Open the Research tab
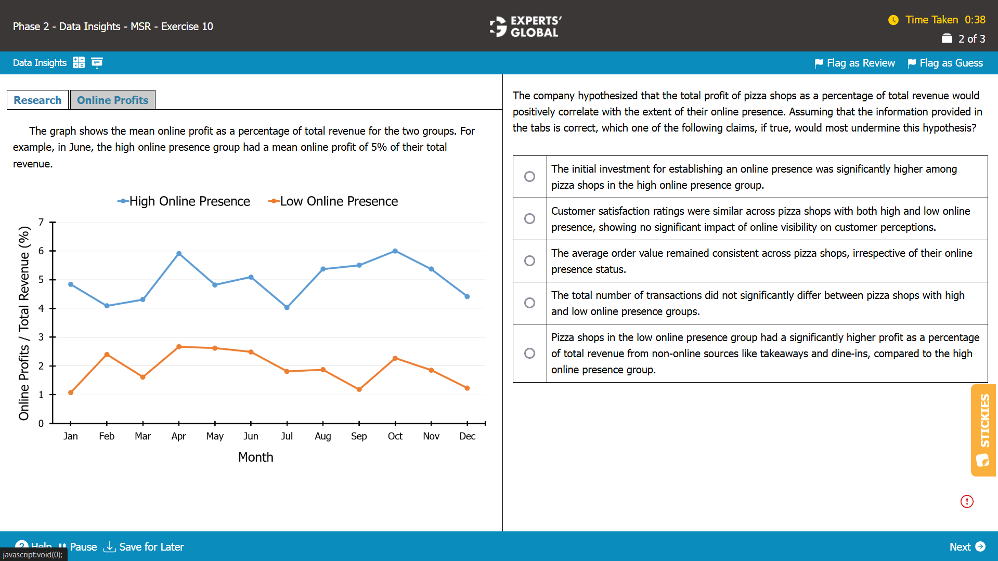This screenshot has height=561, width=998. point(37,100)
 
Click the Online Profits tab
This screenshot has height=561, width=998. point(112,100)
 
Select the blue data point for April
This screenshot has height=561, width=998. point(179,254)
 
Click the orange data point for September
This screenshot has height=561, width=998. point(359,389)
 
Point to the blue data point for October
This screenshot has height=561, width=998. point(395,251)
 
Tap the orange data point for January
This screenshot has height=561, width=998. point(71,393)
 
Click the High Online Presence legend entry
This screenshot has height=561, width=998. point(184,201)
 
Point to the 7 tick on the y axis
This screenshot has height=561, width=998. point(41,223)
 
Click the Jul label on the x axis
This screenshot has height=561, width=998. point(287,436)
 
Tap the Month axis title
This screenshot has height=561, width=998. point(255,457)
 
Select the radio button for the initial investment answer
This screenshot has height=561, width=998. point(529,177)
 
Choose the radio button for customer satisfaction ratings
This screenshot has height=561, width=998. point(529,219)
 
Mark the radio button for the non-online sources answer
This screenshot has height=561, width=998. point(529,354)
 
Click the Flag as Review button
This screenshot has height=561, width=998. point(854,63)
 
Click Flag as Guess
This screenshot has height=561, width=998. point(945,63)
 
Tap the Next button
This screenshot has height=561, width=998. point(967,546)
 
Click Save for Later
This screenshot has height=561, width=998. point(144,546)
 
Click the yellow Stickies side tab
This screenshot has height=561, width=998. point(983,430)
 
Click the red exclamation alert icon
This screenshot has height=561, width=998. point(967,501)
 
